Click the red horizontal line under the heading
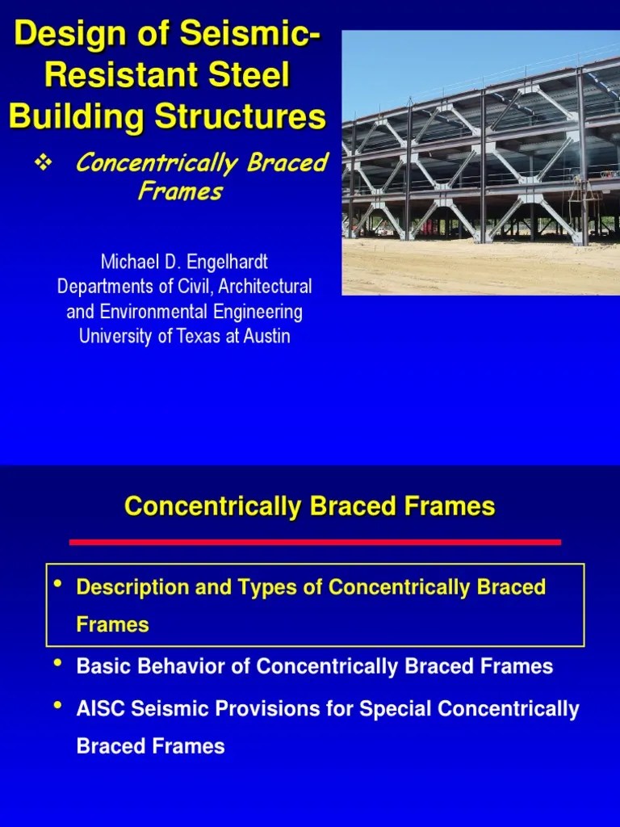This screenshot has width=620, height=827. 315,542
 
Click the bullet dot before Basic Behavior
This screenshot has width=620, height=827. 57,664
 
